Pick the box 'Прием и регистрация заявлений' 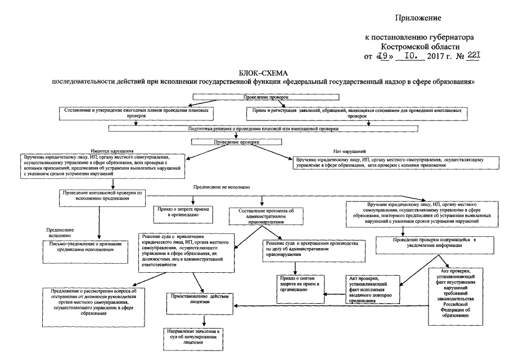(357, 113)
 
